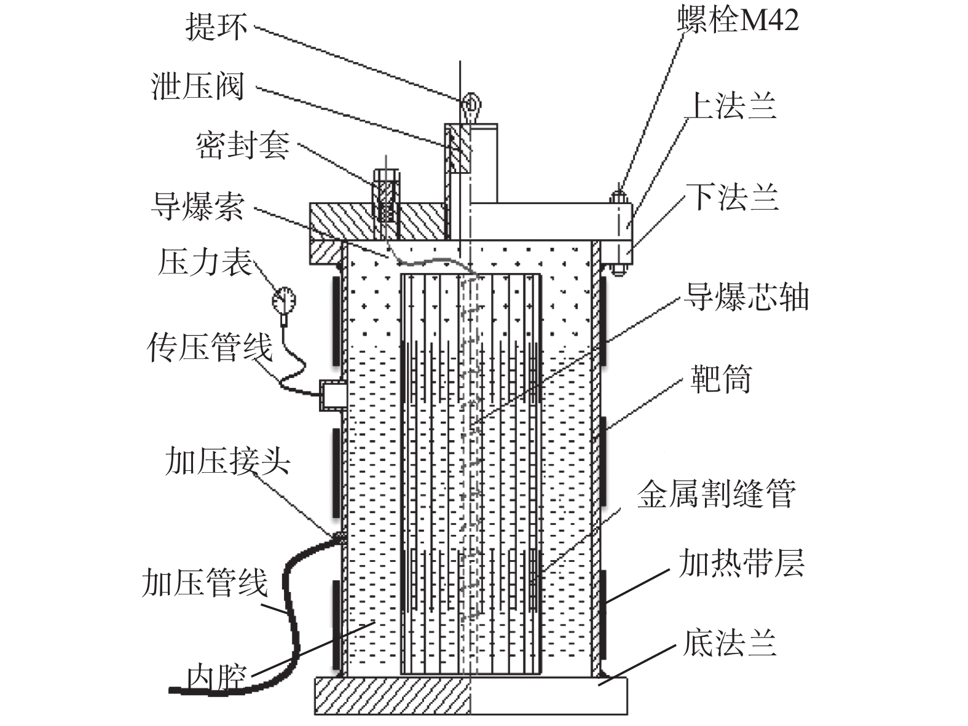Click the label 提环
(x=216, y=28)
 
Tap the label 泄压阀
(x=198, y=86)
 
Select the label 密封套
(x=242, y=146)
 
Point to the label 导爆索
(x=198, y=206)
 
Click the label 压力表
(x=205, y=262)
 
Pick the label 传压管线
(x=210, y=347)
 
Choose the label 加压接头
(x=227, y=460)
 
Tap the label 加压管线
(x=205, y=582)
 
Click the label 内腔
(x=216, y=677)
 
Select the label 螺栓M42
(x=738, y=20)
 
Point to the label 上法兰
(x=731, y=105)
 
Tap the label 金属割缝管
(x=716, y=494)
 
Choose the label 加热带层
(x=741, y=563)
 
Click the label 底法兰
(x=730, y=643)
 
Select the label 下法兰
(x=733, y=197)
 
